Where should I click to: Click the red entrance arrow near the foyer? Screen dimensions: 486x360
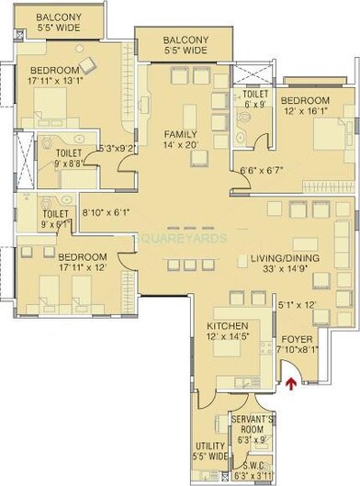pyautogui.click(x=292, y=384)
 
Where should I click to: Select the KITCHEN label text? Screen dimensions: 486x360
pyautogui.click(x=225, y=326)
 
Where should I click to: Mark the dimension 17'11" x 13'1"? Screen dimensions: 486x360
pyautogui.click(x=56, y=79)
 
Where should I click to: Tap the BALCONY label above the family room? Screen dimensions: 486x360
pyautogui.click(x=186, y=40)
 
